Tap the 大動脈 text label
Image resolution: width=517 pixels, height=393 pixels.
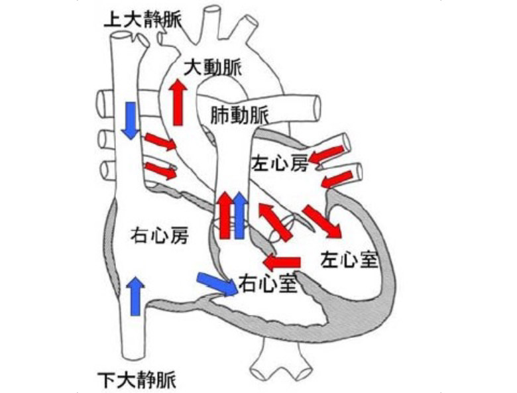click(x=213, y=67)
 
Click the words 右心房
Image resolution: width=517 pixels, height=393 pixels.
click(x=160, y=235)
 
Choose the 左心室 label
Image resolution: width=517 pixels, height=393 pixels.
click(x=349, y=258)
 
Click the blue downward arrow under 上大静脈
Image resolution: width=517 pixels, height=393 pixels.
click(x=130, y=120)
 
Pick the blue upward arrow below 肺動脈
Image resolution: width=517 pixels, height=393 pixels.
click(x=240, y=215)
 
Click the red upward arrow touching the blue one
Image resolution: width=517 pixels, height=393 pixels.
click(x=225, y=215)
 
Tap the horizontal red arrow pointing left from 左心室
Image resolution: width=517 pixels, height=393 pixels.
click(x=282, y=260)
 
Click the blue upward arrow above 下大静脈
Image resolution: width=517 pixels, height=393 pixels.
click(x=136, y=296)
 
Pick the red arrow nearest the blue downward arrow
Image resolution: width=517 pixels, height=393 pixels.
click(x=160, y=142)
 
